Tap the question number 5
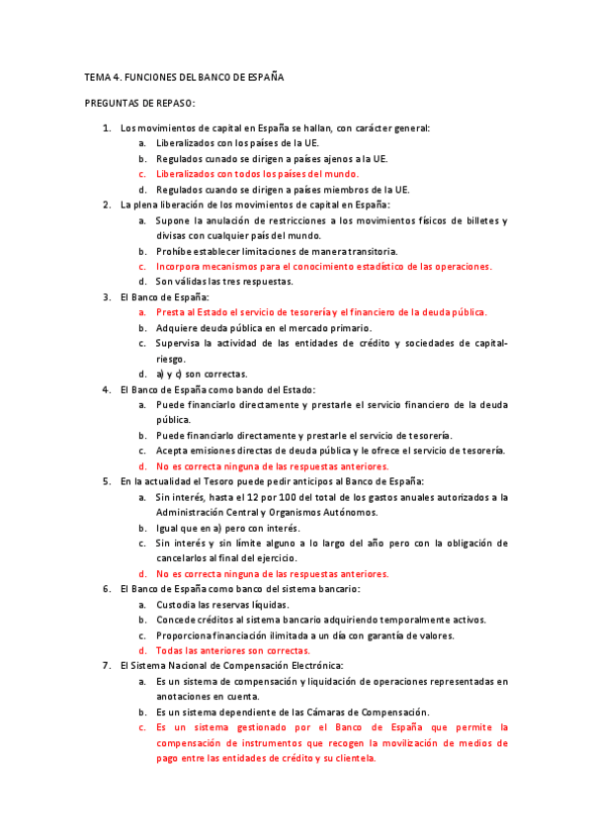tap(107, 481)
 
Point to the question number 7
tap(107, 666)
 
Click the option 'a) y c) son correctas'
tap(202, 374)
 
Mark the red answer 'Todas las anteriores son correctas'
tap(232, 650)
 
